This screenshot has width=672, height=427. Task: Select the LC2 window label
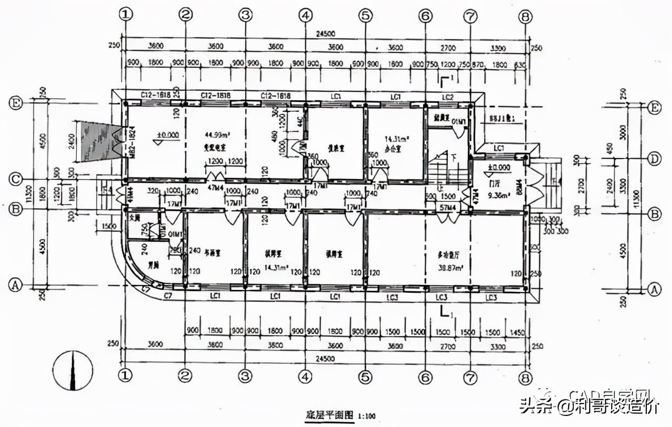(x=447, y=97)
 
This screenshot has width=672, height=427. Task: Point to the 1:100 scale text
(x=367, y=416)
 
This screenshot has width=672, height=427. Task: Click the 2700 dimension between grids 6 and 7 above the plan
(x=447, y=48)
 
